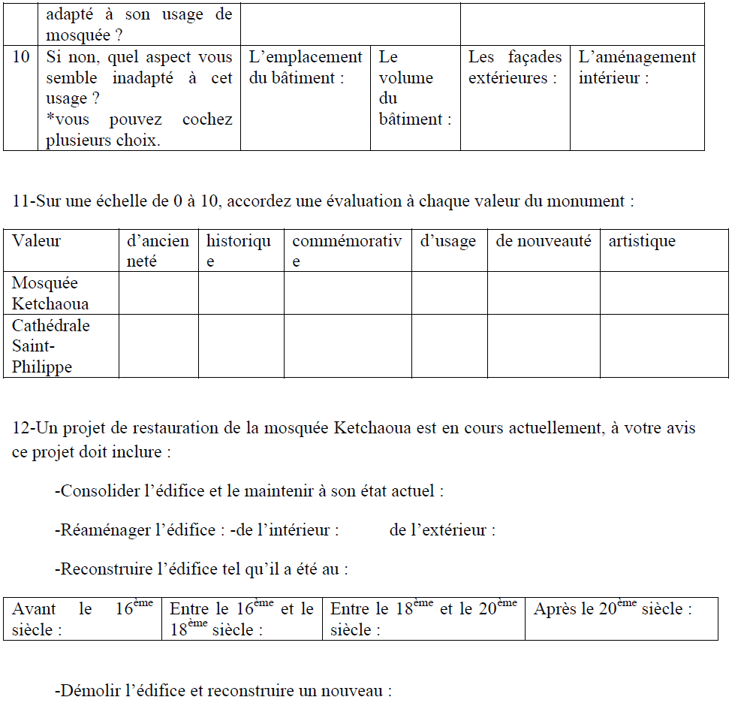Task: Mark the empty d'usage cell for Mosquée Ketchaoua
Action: point(449,293)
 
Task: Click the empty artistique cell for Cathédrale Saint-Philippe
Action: point(664,346)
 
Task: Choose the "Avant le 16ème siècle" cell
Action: point(83,619)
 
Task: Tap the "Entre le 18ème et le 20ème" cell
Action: point(423,619)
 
